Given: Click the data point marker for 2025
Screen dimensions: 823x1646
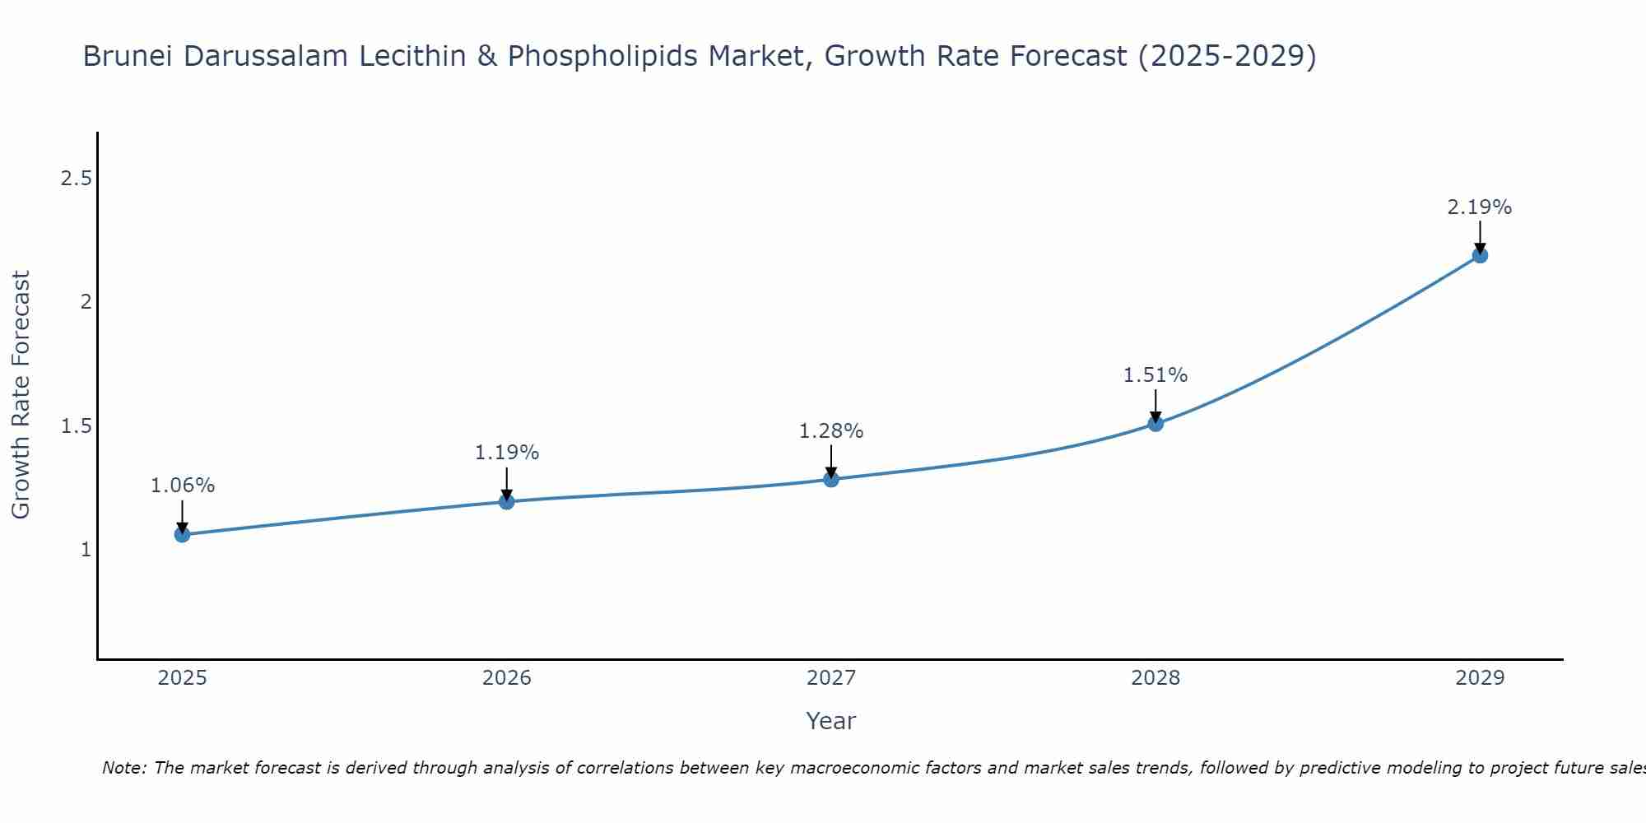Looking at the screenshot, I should [x=182, y=534].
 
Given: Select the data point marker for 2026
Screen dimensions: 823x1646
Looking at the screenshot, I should [x=506, y=501].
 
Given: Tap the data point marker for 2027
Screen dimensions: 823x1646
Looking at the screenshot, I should [x=831, y=479].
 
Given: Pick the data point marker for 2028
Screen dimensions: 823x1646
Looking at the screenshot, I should [x=1155, y=423].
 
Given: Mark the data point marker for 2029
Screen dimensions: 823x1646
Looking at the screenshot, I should [x=1480, y=255].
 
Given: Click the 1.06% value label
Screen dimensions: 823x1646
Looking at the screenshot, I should [x=182, y=486].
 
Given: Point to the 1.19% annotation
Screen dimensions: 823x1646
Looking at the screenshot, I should [x=506, y=453].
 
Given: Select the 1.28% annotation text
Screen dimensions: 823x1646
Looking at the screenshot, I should [x=831, y=431].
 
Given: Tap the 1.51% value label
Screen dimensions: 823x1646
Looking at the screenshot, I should [x=1155, y=375].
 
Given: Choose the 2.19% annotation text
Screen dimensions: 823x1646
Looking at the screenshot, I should [x=1480, y=207].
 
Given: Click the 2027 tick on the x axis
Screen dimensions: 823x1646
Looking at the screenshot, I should [x=831, y=678].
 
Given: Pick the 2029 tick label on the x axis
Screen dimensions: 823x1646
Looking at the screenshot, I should [x=1480, y=678].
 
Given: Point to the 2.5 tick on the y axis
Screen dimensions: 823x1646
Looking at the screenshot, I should [x=76, y=179].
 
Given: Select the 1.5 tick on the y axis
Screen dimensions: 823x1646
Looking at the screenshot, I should [x=76, y=425].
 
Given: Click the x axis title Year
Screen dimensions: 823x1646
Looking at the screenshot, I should [x=831, y=721].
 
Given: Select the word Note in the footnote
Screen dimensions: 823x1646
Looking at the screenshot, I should [x=123, y=768].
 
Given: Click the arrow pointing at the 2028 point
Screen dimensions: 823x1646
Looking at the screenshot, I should [x=1155, y=405].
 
